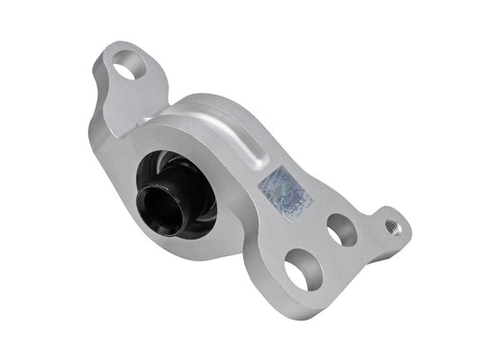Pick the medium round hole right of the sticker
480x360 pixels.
pyautogui.click(x=340, y=230)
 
